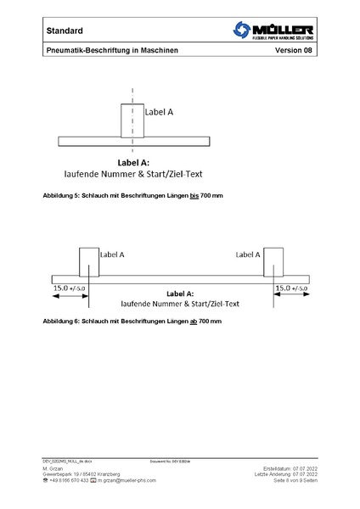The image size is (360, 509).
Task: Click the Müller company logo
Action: pos(273,31)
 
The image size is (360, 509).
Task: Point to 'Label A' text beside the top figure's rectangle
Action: pos(159,112)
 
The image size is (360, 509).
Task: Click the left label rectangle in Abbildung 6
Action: pos(89,262)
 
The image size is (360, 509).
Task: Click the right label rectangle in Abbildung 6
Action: pos(273,262)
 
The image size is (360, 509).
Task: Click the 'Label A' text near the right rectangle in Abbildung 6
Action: pos(248,254)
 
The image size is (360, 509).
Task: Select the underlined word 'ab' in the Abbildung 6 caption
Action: pos(193,322)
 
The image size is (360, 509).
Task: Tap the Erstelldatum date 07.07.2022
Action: pos(305,467)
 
